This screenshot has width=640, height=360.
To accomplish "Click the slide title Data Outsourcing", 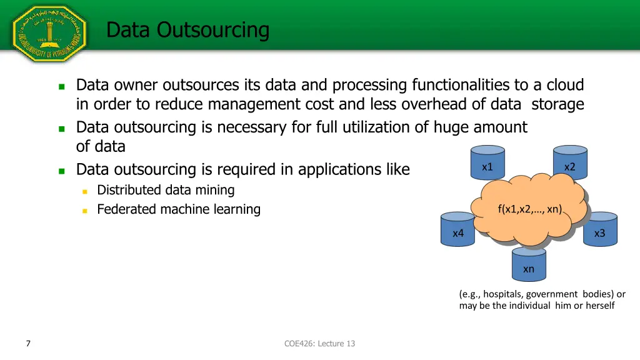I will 187,29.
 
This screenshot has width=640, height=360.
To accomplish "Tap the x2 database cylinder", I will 569,164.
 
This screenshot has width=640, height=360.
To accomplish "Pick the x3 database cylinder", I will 599,230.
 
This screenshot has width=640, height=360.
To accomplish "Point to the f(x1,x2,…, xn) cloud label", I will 529,209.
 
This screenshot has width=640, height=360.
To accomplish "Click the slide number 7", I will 28,343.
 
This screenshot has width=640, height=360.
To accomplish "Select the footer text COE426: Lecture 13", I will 319,343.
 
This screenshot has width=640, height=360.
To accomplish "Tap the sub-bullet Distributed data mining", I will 166,190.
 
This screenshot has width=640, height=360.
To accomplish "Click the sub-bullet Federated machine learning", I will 178,209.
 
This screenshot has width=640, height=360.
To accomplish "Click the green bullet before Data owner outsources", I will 61,86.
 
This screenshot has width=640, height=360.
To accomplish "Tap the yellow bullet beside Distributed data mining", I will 84,191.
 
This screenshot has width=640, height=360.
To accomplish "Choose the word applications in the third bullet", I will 339,169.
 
